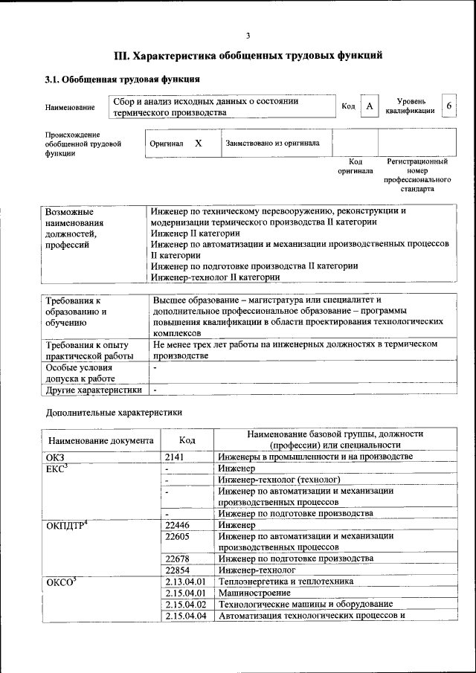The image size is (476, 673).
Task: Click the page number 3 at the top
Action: pyautogui.click(x=248, y=35)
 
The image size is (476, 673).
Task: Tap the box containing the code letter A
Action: pyautogui.click(x=369, y=106)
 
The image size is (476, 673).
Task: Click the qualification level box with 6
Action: pyautogui.click(x=448, y=106)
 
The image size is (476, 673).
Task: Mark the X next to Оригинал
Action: pyautogui.click(x=198, y=142)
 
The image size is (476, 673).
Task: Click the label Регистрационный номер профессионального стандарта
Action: pyautogui.click(x=417, y=175)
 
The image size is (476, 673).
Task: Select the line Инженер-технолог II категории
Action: pyautogui.click(x=215, y=277)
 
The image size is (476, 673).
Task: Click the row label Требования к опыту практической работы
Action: pyautogui.click(x=88, y=350)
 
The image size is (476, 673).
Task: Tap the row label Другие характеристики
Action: pyautogui.click(x=94, y=390)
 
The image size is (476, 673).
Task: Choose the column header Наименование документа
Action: pyautogui.click(x=101, y=440)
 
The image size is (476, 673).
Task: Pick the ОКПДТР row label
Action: pyautogui.click(x=67, y=526)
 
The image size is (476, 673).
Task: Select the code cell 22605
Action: pyautogui.click(x=178, y=536)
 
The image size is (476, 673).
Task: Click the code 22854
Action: pyautogui.click(x=178, y=570)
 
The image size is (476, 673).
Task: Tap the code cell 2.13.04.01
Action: pyautogui.click(x=185, y=582)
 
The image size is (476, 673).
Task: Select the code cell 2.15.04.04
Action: pyautogui.click(x=185, y=615)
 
